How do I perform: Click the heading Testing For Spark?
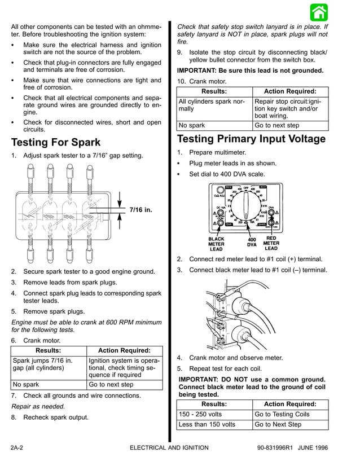click(x=56, y=142)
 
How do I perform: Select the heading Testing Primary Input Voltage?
click(x=251, y=139)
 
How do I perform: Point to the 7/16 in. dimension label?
click(x=141, y=210)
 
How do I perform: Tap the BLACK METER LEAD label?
click(x=216, y=244)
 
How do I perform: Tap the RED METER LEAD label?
click(x=271, y=243)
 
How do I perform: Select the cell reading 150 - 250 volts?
click(x=197, y=414)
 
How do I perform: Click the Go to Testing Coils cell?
click(x=282, y=414)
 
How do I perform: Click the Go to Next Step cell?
click(x=278, y=424)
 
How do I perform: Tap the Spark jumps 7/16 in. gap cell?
click(x=42, y=365)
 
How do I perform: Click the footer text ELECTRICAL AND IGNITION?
click(x=169, y=447)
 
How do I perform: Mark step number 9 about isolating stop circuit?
click(x=179, y=52)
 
